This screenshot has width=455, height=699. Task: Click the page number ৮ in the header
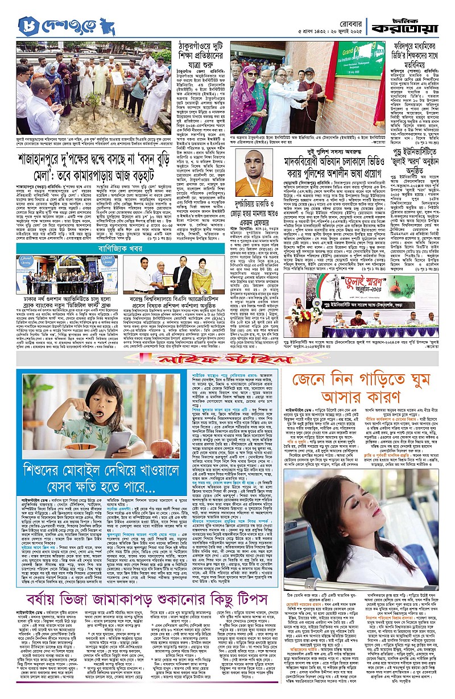tap(27, 26)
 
